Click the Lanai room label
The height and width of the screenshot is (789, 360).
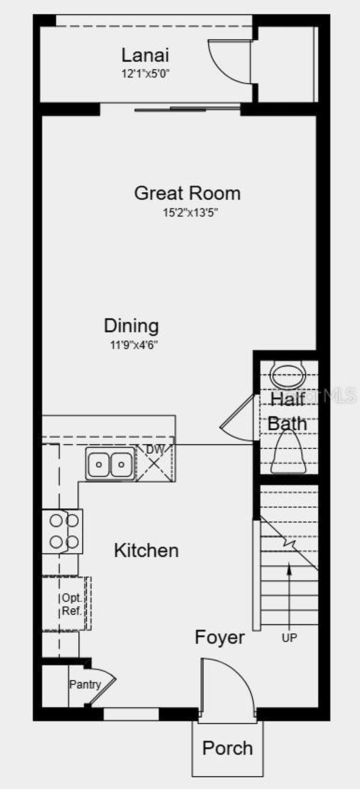(145, 56)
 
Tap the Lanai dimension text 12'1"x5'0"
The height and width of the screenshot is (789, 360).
(146, 74)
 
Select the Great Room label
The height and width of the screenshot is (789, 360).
(187, 193)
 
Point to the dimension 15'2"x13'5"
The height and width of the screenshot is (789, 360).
(191, 213)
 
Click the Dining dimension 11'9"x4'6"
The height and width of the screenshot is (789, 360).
(134, 345)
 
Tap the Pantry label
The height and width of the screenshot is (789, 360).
(85, 684)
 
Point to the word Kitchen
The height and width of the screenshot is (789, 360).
(146, 551)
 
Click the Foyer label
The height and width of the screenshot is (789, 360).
(219, 637)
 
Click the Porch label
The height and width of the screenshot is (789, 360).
(227, 748)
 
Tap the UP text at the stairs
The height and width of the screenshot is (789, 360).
(289, 637)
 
